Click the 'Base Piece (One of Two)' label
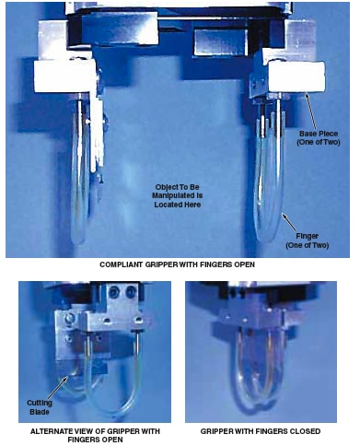click(x=319, y=138)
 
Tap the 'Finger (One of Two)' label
click(x=308, y=241)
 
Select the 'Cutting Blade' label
click(x=40, y=407)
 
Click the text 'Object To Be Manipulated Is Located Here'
click(x=177, y=195)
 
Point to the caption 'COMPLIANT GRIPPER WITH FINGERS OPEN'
click(x=177, y=264)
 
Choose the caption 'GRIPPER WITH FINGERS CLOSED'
click(x=261, y=431)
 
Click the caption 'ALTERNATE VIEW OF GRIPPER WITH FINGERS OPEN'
click(x=95, y=435)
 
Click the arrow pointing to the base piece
click(x=310, y=111)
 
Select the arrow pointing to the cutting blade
click(x=56, y=388)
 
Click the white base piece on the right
click(x=296, y=76)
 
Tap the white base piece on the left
click(x=65, y=76)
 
